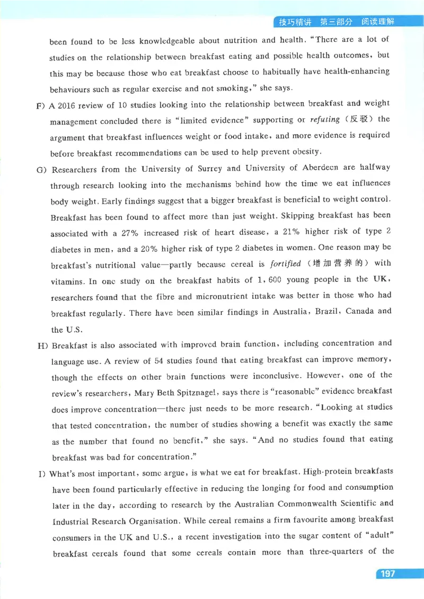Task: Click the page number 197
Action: point(388,574)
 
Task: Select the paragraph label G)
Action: point(41,170)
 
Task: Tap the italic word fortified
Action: point(286,263)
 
